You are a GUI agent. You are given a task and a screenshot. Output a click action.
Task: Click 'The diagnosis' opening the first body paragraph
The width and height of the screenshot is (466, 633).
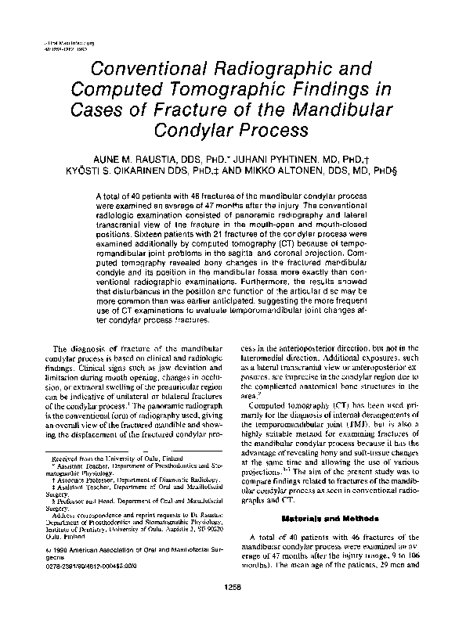[74, 369]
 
